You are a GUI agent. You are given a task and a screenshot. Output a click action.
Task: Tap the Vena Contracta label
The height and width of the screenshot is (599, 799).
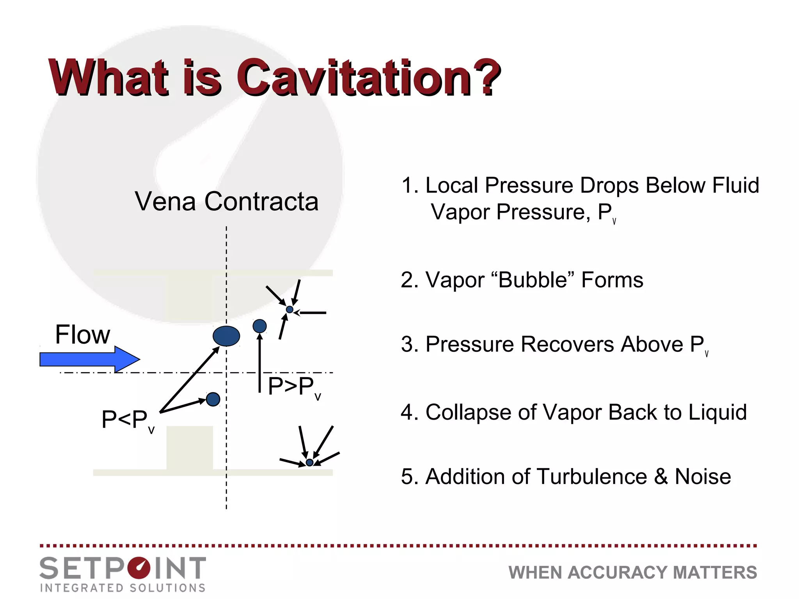pyautogui.click(x=227, y=202)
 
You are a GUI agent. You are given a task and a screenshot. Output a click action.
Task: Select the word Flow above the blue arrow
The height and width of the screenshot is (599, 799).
pyautogui.click(x=83, y=335)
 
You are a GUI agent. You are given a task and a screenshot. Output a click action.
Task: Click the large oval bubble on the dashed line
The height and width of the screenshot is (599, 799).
pyautogui.click(x=226, y=336)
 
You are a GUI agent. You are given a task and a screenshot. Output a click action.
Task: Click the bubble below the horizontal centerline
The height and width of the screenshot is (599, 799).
pyautogui.click(x=213, y=399)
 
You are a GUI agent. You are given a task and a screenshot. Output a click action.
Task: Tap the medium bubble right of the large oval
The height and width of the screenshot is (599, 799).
pyautogui.click(x=260, y=326)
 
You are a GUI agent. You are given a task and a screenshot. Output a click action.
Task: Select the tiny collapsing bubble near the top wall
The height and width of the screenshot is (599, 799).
pyautogui.click(x=289, y=310)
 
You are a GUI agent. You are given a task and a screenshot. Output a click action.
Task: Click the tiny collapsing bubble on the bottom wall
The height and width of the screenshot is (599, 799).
pyautogui.click(x=310, y=463)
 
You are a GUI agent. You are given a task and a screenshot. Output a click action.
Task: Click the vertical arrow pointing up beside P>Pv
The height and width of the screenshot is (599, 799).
pyautogui.click(x=260, y=363)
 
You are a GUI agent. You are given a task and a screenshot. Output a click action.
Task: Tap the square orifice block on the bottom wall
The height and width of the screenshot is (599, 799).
pyautogui.click(x=190, y=448)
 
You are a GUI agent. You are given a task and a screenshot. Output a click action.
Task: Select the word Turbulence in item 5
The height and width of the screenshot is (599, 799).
pyautogui.click(x=591, y=477)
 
